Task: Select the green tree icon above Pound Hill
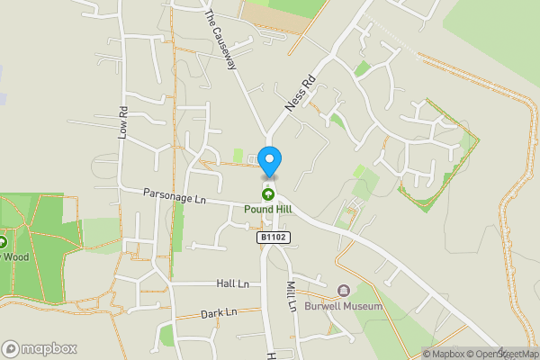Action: [267, 193]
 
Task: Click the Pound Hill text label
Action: [267, 209]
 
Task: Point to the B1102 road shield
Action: [273, 238]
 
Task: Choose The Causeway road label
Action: [220, 40]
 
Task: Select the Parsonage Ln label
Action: [175, 197]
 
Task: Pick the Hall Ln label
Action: [231, 283]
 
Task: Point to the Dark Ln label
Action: [219, 312]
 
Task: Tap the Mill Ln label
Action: [291, 296]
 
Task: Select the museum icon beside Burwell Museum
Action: [343, 291]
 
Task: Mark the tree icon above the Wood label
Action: [3, 241]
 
